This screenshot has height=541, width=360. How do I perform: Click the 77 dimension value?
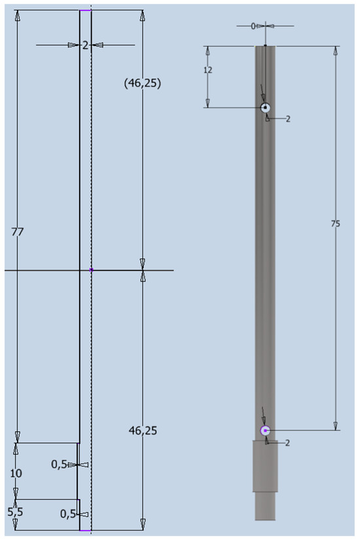[x=17, y=232]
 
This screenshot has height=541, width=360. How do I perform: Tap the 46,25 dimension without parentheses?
[x=143, y=431]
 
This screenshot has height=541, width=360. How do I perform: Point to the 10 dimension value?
[x=17, y=472]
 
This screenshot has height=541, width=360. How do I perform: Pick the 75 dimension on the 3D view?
[x=336, y=223]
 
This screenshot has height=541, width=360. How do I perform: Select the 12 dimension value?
[x=208, y=69]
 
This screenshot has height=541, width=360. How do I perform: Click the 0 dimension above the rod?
[x=253, y=26]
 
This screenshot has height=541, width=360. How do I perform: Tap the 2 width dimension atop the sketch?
[x=85, y=45]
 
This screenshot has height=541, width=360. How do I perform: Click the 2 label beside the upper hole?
[x=287, y=118]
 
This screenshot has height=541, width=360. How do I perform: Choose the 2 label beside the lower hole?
[x=287, y=442]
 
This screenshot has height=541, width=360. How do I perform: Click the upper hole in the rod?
[x=265, y=107]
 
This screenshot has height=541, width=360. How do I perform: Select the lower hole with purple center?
[x=265, y=430]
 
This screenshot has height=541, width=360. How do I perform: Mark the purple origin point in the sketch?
[x=91, y=270]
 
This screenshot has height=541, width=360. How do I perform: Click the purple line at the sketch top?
[x=85, y=10]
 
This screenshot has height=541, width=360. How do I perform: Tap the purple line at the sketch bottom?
[x=84, y=530]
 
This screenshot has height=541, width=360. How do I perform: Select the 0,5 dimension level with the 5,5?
[x=67, y=514]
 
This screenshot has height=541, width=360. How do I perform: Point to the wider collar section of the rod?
[x=265, y=465]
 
